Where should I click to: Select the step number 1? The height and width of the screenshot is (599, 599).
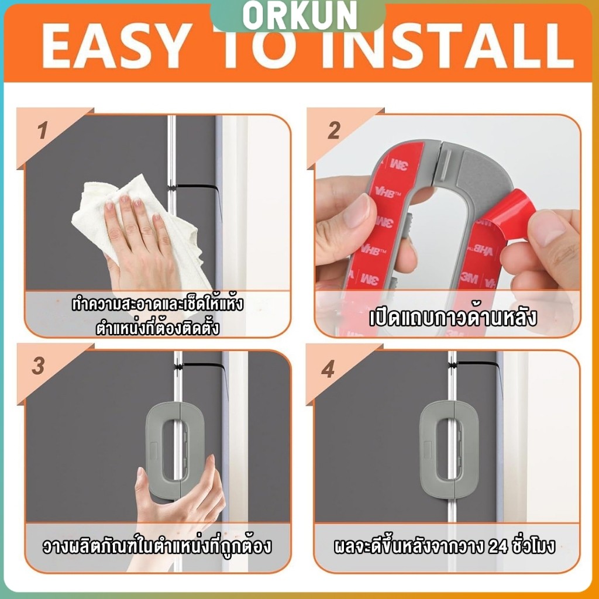click(43, 130)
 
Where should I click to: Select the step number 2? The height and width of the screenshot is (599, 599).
click(334, 130)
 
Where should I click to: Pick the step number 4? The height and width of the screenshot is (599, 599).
click(328, 369)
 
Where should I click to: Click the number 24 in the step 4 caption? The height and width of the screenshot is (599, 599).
click(498, 547)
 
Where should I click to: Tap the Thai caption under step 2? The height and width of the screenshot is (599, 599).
click(453, 318)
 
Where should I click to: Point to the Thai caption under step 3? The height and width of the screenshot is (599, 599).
click(157, 546)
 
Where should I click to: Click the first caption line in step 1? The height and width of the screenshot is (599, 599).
click(157, 304)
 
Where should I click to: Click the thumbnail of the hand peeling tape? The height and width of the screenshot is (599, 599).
click(447, 226)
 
